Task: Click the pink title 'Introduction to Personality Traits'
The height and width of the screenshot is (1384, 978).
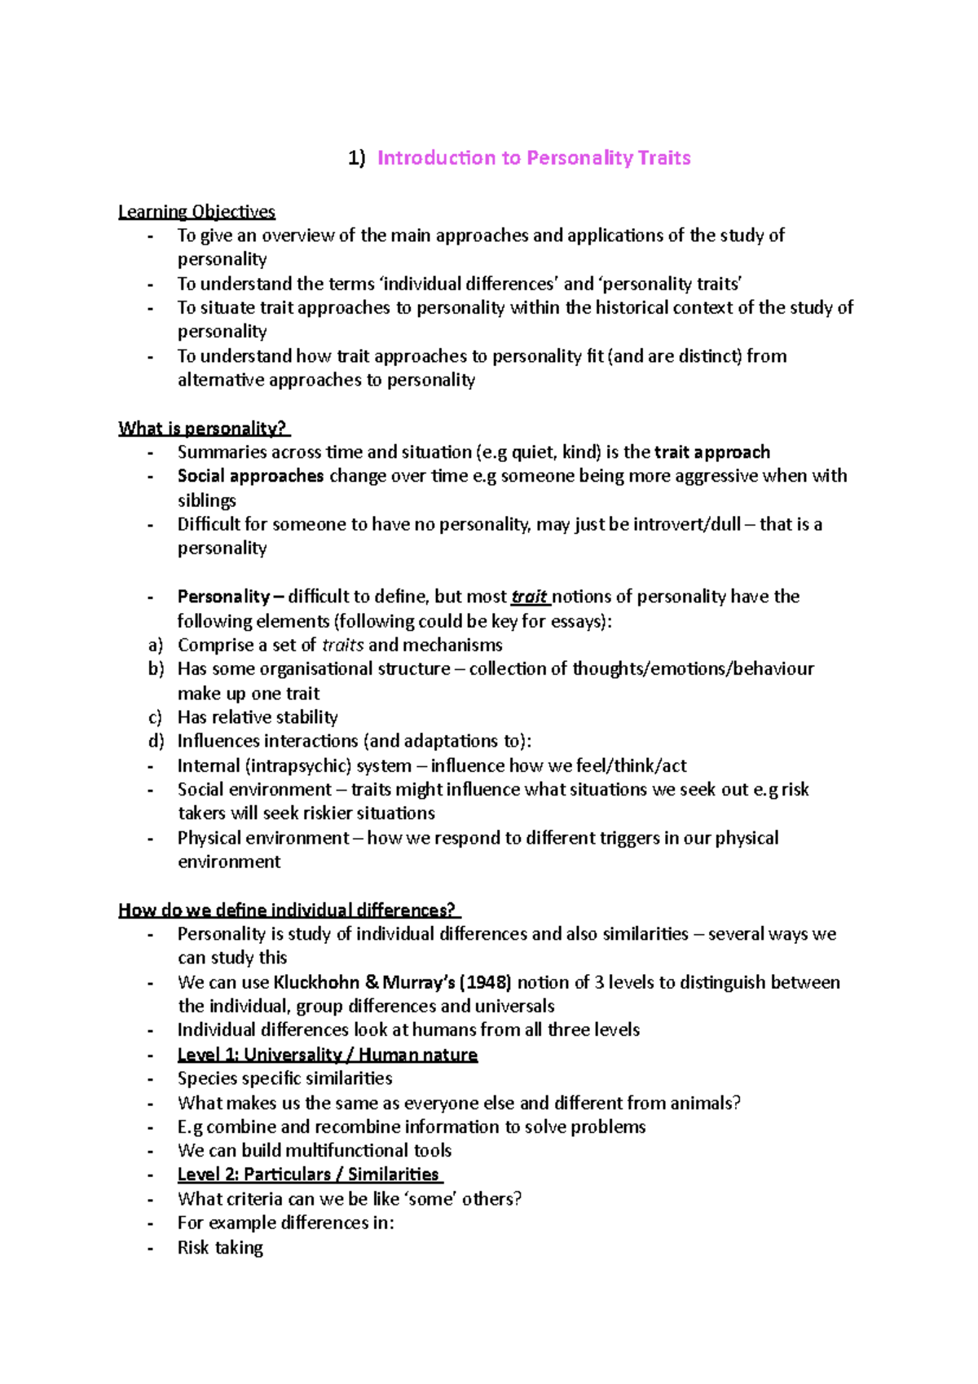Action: (x=534, y=158)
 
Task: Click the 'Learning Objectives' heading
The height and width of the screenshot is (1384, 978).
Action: (x=196, y=212)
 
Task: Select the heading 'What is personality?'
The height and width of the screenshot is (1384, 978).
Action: (x=203, y=429)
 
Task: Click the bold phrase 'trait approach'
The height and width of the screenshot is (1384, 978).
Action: (x=711, y=452)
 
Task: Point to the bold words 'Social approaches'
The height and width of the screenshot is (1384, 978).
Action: (x=250, y=476)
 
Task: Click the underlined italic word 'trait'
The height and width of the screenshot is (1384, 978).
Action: (x=529, y=597)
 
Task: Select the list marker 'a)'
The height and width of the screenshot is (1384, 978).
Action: (x=156, y=646)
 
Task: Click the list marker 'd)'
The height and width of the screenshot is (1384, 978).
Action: (x=156, y=741)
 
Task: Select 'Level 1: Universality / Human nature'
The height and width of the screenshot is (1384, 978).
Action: (x=327, y=1055)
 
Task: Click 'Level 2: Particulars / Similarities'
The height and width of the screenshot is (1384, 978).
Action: (x=309, y=1175)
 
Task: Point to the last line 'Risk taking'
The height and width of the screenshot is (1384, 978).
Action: (x=220, y=1248)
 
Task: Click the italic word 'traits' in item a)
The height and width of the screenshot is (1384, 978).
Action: (x=342, y=646)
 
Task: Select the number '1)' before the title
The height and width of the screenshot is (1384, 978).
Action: (x=357, y=158)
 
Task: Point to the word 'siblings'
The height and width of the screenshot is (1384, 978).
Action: (x=206, y=500)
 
